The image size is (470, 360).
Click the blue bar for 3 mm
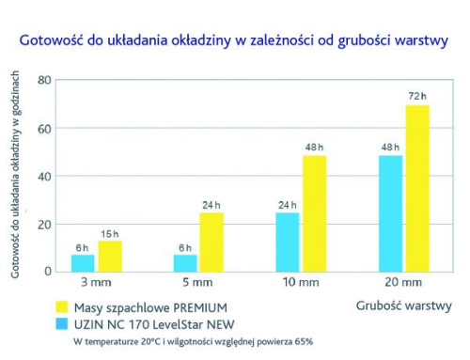tap(83, 262)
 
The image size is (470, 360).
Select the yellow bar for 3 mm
tap(110, 256)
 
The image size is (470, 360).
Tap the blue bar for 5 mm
tap(185, 262)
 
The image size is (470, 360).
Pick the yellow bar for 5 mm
tap(211, 242)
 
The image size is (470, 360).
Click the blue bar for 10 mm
tap(288, 242)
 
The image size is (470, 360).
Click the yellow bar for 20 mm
tap(417, 187)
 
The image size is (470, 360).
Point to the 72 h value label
tap(417, 97)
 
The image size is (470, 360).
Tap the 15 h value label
tap(110, 233)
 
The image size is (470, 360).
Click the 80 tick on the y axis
tap(43, 81)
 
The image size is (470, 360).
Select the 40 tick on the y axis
tap(43, 176)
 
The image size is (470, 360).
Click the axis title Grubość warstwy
tap(404, 305)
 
